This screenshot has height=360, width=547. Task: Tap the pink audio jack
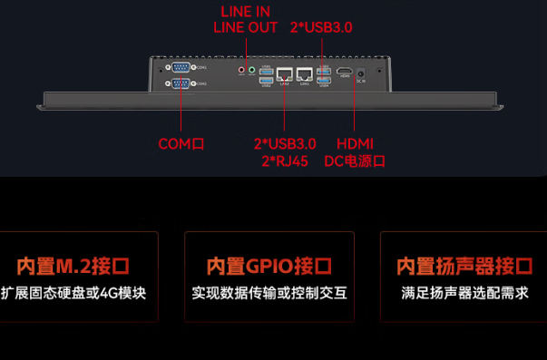[241, 70]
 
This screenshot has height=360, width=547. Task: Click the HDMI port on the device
[345, 71]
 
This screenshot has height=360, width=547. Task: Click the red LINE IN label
[246, 11]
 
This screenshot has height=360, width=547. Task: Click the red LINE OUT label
[246, 27]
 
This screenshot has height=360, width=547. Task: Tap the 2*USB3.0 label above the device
[321, 27]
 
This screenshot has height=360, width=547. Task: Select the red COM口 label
[181, 143]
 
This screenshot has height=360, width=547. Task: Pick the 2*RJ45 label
[285, 161]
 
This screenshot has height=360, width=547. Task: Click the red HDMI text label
[354, 143]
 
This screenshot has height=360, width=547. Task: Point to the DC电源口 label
[355, 161]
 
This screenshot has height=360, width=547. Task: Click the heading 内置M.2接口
[73, 266]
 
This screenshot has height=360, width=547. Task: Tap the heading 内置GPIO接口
[269, 266]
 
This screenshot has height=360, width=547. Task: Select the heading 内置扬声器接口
[464, 266]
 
